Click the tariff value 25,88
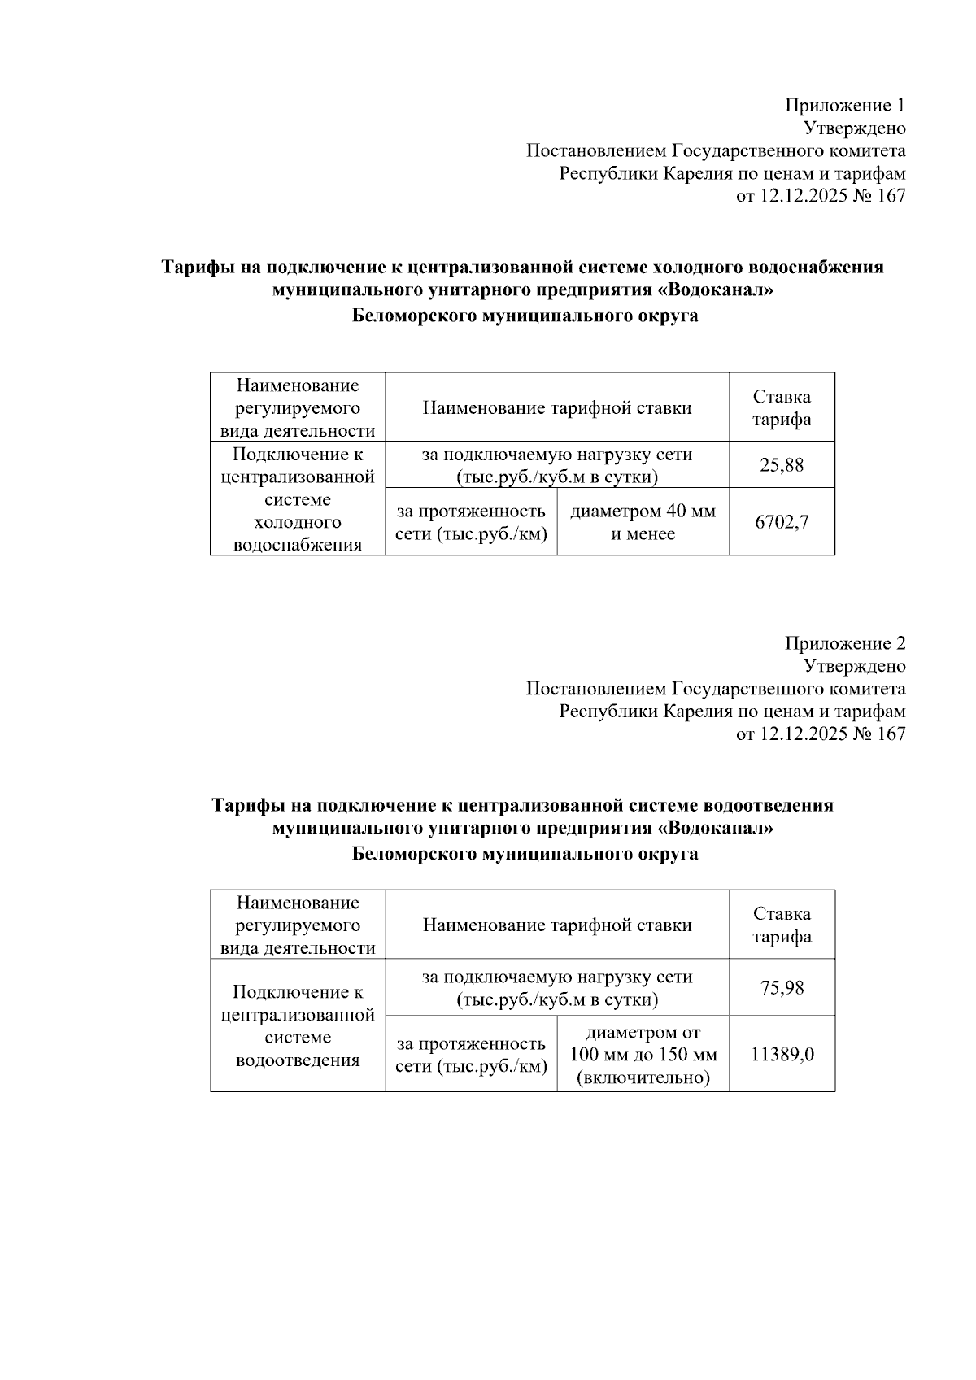pyautogui.click(x=782, y=465)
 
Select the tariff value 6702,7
pyautogui.click(x=782, y=522)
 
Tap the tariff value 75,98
pyautogui.click(x=782, y=987)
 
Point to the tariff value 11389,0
pyautogui.click(x=782, y=1055)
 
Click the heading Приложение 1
pyautogui.click(x=844, y=106)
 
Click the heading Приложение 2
pyautogui.click(x=844, y=644)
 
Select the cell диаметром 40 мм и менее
pyautogui.click(x=643, y=523)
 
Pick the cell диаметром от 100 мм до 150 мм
pyautogui.click(x=643, y=1055)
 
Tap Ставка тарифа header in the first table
pyautogui.click(x=782, y=408)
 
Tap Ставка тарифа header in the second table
pyautogui.click(x=782, y=925)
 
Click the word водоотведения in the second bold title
pyautogui.click(x=773, y=806)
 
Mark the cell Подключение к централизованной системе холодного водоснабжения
pyautogui.click(x=298, y=499)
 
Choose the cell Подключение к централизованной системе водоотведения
pyautogui.click(x=298, y=1025)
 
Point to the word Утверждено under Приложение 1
pyautogui.click(x=854, y=128)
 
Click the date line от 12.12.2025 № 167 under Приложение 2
pyautogui.click(x=820, y=734)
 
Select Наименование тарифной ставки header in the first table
pyautogui.click(x=557, y=408)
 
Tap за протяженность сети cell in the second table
pyautogui.click(x=471, y=1055)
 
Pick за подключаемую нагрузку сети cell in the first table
pyautogui.click(x=557, y=466)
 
